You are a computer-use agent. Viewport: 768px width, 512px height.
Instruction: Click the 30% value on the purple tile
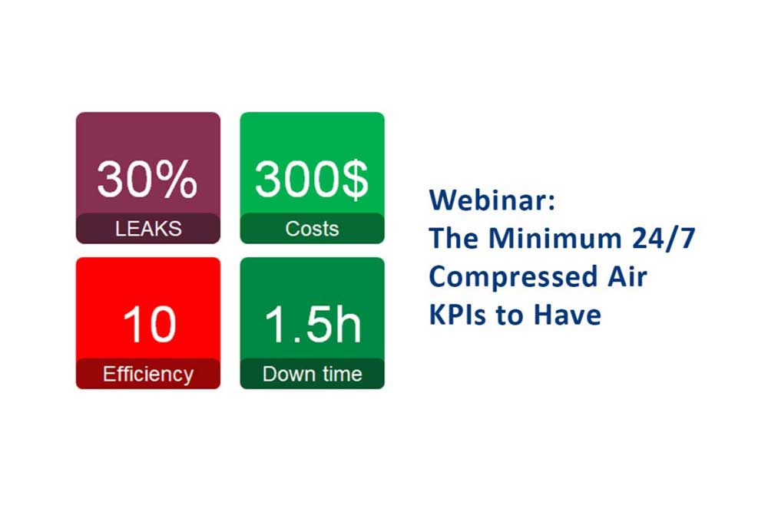(147, 179)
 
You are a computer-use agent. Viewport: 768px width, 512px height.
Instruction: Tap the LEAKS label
(148, 229)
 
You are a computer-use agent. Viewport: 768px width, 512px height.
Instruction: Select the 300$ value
(312, 179)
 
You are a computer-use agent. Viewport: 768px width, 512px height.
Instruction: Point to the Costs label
(312, 229)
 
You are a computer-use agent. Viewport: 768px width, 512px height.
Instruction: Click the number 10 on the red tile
(150, 324)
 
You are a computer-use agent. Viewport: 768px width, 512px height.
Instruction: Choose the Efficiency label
(148, 375)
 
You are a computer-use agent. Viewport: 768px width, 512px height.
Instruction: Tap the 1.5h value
(313, 323)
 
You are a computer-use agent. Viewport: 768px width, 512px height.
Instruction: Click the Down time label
(313, 375)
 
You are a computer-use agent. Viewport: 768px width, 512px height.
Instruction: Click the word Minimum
(555, 239)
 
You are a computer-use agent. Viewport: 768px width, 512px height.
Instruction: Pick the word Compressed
(511, 277)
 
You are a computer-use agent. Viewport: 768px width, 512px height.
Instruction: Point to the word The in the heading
(454, 239)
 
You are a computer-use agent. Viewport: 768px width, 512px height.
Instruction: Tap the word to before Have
(511, 315)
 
